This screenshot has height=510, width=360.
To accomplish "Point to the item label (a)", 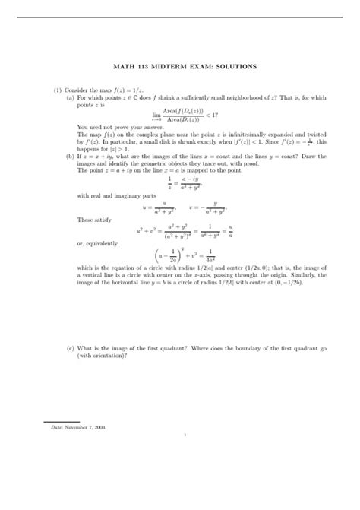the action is (x=70, y=97).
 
